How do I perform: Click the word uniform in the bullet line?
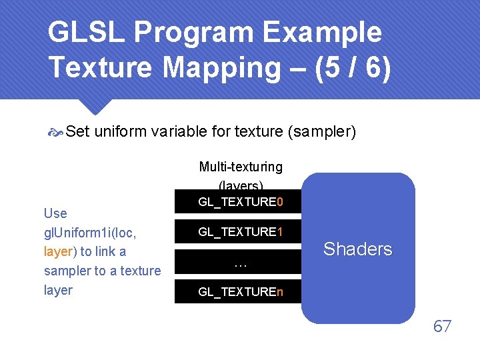coord(121,132)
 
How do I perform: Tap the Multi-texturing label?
coord(241,167)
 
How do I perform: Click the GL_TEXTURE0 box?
coord(239,201)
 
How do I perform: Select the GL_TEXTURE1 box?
coord(239,232)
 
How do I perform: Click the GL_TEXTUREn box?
coord(239,291)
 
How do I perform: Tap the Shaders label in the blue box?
coord(358,249)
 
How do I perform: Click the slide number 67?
coord(442,326)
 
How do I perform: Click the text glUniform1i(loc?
coord(90,232)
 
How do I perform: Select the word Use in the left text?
coord(55,213)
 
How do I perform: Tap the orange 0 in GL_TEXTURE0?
coord(280,201)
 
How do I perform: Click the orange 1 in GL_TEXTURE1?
coord(280,232)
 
